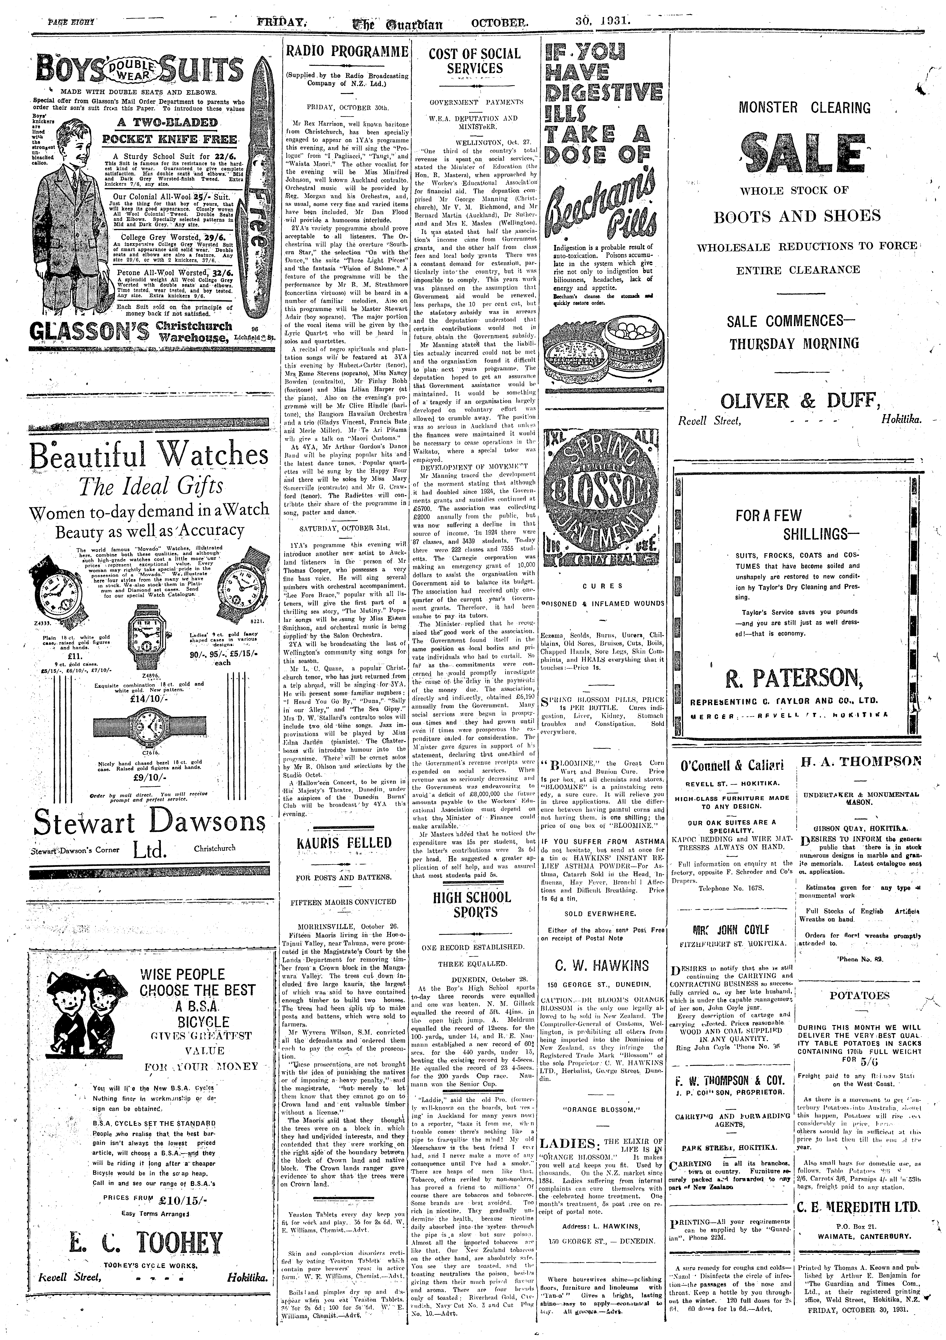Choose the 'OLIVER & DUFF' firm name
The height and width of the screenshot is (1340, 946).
tap(800, 401)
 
